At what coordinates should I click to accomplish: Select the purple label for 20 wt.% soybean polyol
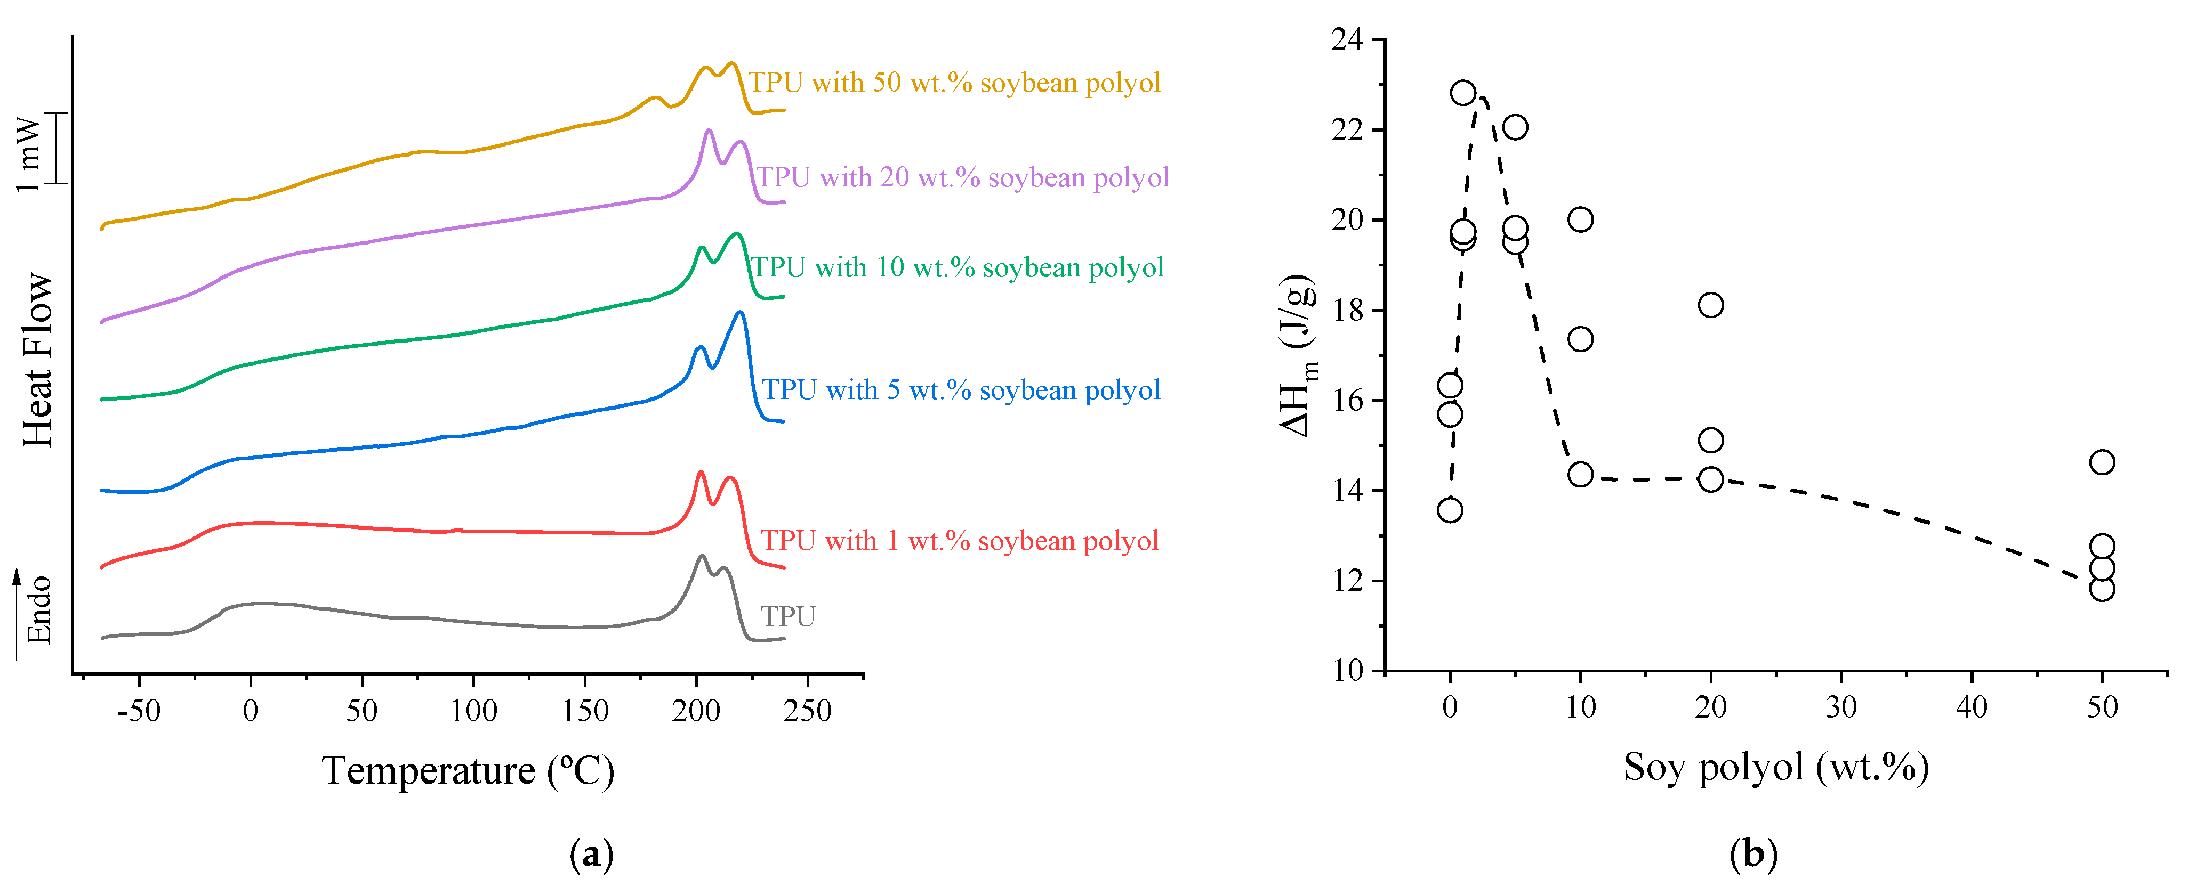962,177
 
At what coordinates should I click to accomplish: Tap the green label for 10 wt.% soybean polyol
958,267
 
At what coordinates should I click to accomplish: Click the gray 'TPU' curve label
787,616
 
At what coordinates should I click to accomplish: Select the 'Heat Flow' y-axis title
38,360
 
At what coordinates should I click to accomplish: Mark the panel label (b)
1753,853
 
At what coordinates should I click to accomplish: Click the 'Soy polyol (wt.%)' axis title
1776,767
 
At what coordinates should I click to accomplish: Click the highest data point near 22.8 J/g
1462,93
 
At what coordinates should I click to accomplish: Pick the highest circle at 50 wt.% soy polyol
2101,462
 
